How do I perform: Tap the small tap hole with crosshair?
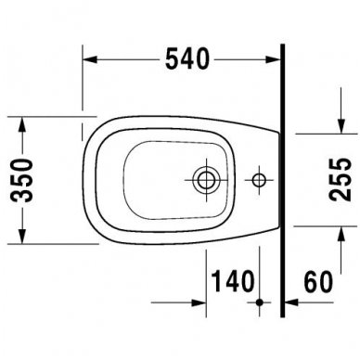[260, 175]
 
